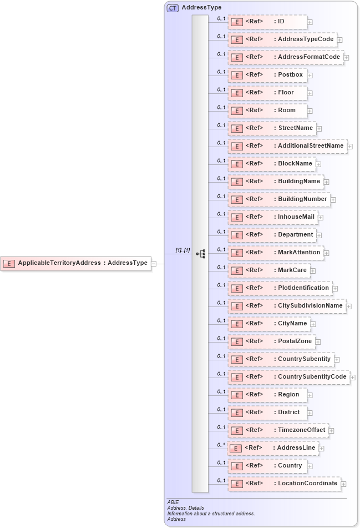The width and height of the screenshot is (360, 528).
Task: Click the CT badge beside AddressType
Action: point(173,8)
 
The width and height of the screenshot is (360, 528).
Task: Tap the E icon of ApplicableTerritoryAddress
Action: point(8,263)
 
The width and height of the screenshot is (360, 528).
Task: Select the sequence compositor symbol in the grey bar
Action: point(201,254)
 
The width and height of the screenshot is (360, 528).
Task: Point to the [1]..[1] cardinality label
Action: point(182,250)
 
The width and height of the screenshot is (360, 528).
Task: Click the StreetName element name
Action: point(296,128)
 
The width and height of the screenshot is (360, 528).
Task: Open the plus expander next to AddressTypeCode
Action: point(339,40)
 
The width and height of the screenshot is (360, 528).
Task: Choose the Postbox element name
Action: point(290,75)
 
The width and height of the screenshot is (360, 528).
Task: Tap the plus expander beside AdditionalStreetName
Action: point(350,147)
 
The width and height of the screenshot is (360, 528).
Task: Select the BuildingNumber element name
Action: point(302,199)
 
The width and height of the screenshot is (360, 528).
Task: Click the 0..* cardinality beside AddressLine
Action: point(221,445)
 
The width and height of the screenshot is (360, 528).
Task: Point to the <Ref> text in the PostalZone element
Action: point(254,341)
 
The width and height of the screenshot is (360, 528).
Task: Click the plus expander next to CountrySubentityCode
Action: point(353,378)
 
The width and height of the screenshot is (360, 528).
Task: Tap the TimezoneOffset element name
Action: point(301,430)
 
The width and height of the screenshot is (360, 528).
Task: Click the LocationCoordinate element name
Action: point(307,484)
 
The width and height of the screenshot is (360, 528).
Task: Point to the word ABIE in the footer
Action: point(173,502)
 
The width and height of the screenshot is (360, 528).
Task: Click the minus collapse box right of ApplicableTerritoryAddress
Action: point(154,263)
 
